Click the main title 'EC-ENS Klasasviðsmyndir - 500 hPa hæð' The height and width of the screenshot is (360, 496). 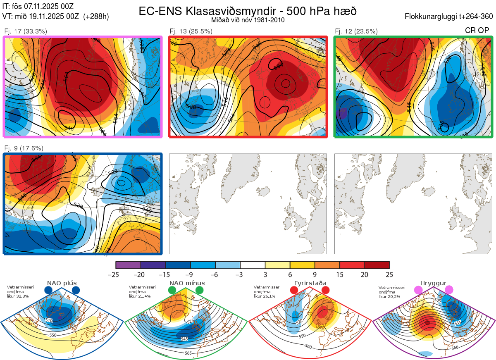click(248, 11)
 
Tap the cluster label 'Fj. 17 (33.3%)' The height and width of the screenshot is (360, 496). click(26, 31)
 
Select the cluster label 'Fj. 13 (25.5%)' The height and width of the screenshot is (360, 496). click(191, 31)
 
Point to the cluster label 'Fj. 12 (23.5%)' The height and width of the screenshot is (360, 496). click(356, 31)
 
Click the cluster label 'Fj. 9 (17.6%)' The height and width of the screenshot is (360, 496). click(24, 148)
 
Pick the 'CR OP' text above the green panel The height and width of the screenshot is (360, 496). click(477, 31)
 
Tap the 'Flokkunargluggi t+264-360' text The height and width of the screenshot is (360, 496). click(450, 17)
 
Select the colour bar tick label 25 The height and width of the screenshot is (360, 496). click(389, 274)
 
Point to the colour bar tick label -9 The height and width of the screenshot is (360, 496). click(191, 274)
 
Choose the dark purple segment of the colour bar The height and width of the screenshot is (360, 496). click(153, 265)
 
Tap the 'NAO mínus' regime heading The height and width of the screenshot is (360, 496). click(187, 283)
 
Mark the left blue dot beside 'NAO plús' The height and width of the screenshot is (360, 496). click(48, 291)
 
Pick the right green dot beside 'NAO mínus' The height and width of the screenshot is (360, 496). click(200, 291)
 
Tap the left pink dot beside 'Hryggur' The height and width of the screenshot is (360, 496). click(419, 291)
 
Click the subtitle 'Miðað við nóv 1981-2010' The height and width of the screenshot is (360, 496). click(248, 20)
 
